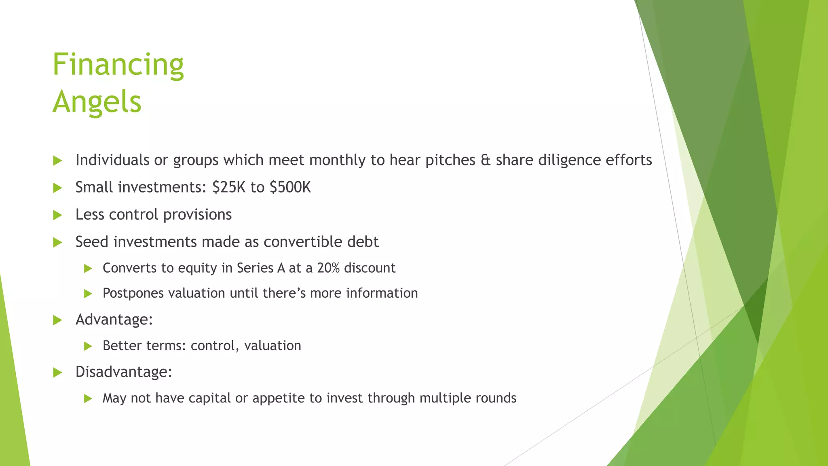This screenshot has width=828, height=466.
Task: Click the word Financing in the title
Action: tap(118, 65)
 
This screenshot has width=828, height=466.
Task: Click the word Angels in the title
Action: tap(97, 102)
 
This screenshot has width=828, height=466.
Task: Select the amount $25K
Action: tap(229, 187)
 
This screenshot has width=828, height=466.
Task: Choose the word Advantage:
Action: tap(114, 320)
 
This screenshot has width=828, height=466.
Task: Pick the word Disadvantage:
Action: tap(124, 372)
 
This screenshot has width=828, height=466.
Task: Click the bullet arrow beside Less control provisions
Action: tap(57, 215)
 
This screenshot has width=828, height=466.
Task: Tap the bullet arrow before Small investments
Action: tap(57, 188)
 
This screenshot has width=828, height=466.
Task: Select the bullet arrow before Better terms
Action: tap(88, 346)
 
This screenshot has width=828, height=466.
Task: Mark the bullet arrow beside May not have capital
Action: tap(88, 399)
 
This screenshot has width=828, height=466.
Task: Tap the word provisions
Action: tap(197, 215)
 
